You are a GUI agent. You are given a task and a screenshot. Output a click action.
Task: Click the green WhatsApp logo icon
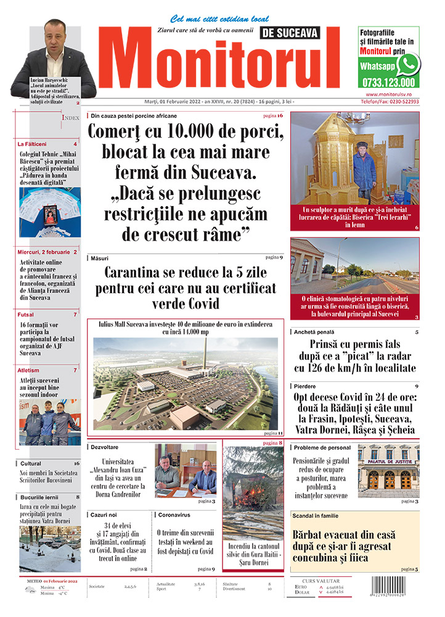click(408, 64)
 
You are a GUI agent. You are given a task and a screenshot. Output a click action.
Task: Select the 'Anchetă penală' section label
click(317, 332)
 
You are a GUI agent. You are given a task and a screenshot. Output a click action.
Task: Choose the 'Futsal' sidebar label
click(26, 315)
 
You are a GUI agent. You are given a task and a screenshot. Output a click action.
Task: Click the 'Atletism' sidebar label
click(30, 370)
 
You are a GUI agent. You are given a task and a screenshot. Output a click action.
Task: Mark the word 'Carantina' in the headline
click(133, 272)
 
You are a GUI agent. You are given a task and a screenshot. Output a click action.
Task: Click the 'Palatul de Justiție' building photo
click(388, 471)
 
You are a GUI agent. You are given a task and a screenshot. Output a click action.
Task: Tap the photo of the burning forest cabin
click(252, 484)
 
